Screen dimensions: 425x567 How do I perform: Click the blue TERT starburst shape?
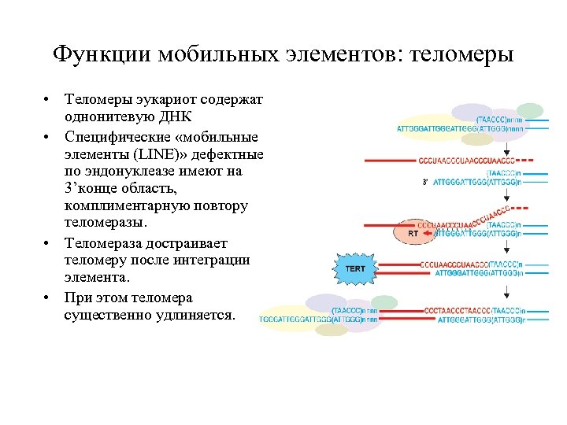tap(355, 268)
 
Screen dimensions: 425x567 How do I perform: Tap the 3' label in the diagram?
tap(425, 182)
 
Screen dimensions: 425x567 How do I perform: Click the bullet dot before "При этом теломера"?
tap(48, 298)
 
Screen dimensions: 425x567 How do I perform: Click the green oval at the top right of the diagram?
tap(530, 111)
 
